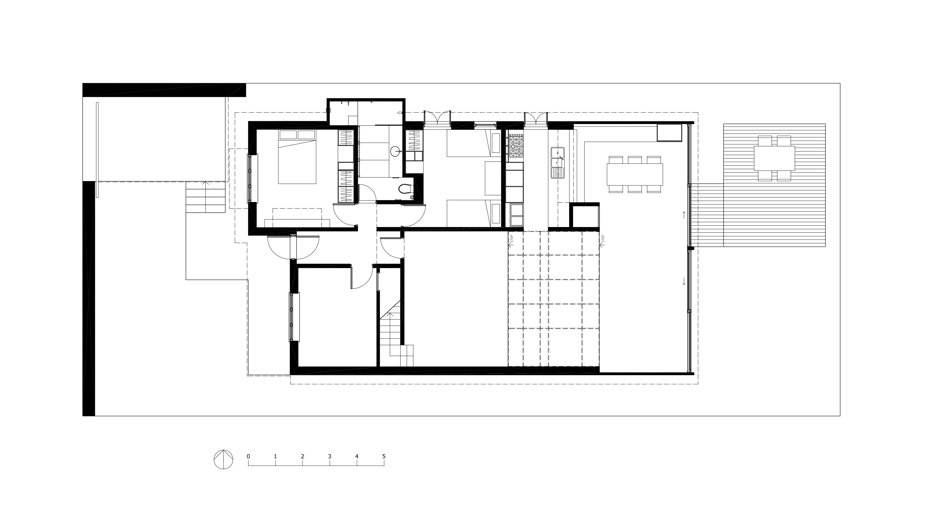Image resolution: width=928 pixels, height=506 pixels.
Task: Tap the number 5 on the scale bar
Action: (384, 456)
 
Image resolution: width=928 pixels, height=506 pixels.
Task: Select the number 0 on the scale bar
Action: (248, 456)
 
